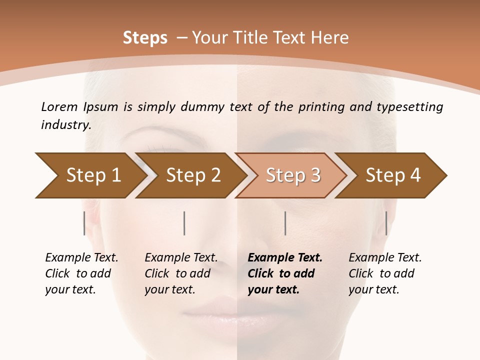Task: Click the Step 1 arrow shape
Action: [90, 175]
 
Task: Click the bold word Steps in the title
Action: [145, 38]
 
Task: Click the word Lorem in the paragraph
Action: [59, 106]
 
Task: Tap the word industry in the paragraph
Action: [65, 124]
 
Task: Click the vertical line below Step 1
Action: [84, 223]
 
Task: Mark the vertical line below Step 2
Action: [184, 223]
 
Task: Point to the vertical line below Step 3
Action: [285, 223]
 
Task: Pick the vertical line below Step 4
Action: [386, 223]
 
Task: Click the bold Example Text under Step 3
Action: [285, 258]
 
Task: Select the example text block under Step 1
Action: [81, 273]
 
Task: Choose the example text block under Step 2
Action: [180, 273]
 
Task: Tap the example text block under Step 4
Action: [384, 273]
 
